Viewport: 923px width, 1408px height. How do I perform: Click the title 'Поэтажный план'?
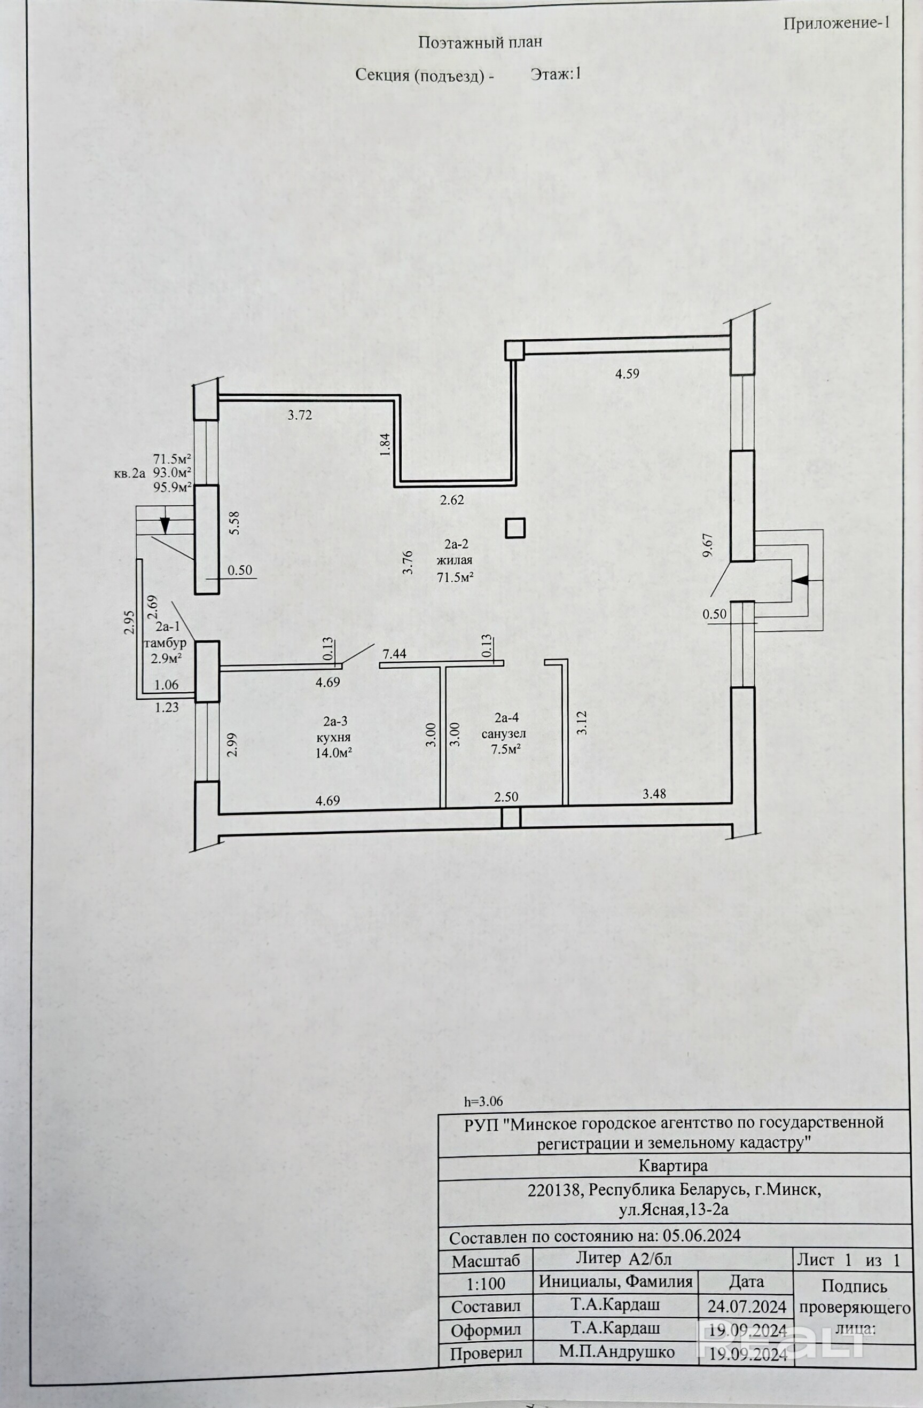pos(480,42)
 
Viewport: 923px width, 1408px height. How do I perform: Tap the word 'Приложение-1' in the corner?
pos(836,24)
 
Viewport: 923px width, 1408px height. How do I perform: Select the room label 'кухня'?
pos(334,737)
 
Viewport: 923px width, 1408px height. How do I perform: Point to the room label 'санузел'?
pos(504,733)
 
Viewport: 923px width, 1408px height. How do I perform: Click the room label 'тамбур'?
pos(165,643)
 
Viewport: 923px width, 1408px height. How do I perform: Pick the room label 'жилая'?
pos(455,560)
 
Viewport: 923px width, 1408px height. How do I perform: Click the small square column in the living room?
pos(515,528)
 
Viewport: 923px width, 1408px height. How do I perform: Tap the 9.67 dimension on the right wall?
pos(708,545)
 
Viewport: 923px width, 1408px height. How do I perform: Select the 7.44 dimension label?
pos(395,654)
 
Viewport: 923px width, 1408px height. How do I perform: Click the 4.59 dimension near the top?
pos(627,374)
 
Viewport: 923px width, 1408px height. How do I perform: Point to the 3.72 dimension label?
pos(300,416)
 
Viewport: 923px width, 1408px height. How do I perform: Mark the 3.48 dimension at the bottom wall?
pos(654,794)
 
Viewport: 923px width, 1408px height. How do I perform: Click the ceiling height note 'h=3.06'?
pos(484,1101)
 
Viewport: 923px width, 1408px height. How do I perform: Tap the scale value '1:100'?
pos(487,1284)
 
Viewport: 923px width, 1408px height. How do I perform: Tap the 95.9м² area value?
pos(172,488)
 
